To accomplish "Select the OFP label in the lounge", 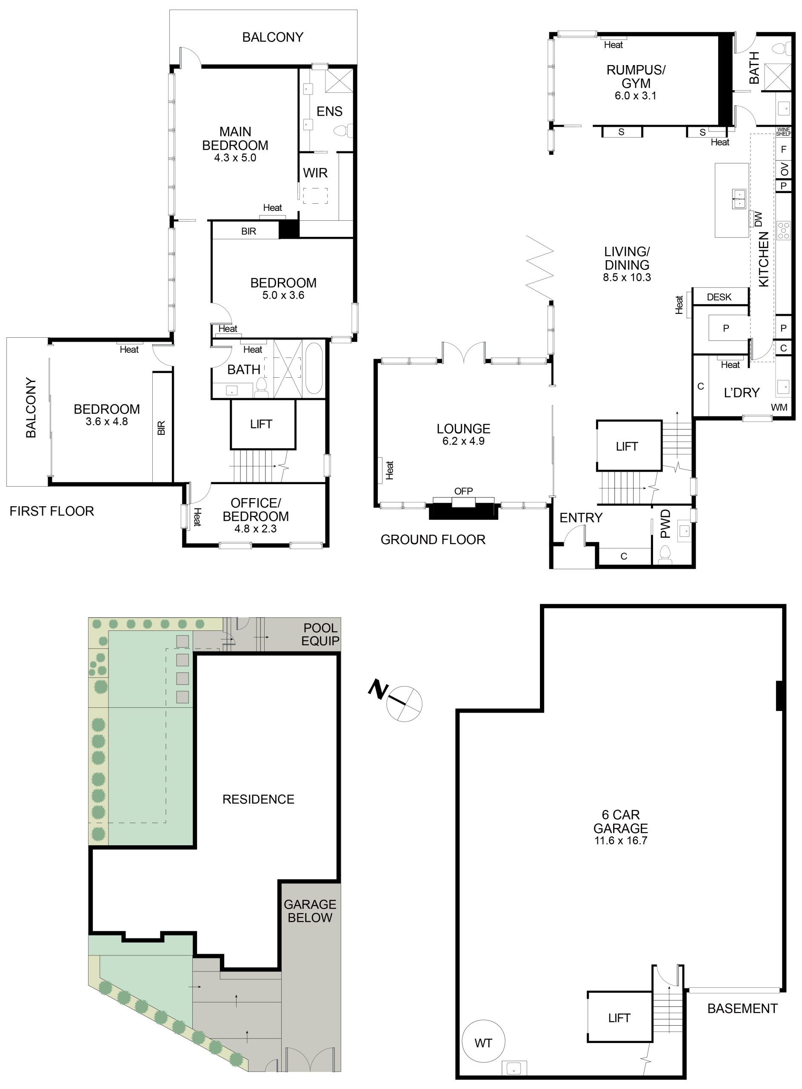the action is click(x=463, y=491).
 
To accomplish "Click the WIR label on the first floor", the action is click(x=315, y=173).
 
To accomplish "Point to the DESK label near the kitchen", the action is click(x=719, y=297).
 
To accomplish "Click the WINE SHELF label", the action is click(x=784, y=131).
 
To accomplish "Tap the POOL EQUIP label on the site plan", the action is click(x=320, y=634).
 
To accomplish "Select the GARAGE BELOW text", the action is click(x=310, y=911).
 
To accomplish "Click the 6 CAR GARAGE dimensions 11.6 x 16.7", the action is click(x=620, y=841).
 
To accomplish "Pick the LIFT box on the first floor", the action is click(x=263, y=424).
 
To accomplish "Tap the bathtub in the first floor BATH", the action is click(x=314, y=369).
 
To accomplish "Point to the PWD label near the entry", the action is click(x=665, y=524).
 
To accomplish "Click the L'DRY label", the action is click(x=741, y=393).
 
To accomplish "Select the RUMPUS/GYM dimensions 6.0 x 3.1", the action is click(x=636, y=96).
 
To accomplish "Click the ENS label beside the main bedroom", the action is click(x=329, y=111).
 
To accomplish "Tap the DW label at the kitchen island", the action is click(x=759, y=220).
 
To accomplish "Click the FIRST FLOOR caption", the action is click(x=52, y=511).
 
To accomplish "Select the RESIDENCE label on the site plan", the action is click(x=258, y=799).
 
